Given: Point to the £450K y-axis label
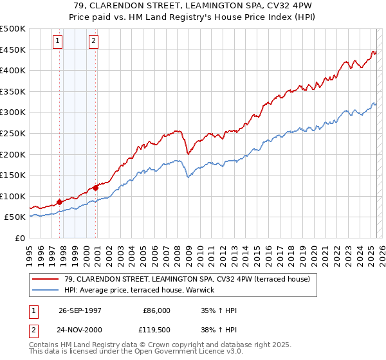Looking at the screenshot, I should (x=13, y=50).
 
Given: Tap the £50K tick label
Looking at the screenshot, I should (x=15, y=217).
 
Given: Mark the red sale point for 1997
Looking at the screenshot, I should (x=60, y=202).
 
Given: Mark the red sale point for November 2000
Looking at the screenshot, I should (x=96, y=188).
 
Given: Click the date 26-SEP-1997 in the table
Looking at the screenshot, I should (x=81, y=310).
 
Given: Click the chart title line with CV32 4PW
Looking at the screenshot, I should (x=193, y=6).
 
